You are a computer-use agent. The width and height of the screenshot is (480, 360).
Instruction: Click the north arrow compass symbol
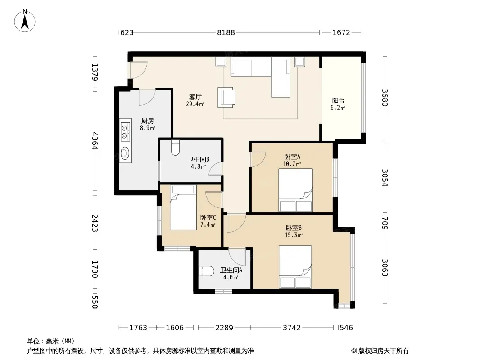[25, 21]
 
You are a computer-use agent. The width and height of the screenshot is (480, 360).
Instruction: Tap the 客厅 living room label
[195, 97]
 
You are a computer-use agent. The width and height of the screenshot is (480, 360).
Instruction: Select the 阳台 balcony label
[338, 101]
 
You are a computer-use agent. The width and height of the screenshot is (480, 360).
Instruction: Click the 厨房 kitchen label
[148, 121]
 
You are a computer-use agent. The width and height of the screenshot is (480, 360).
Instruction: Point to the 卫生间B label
[199, 159]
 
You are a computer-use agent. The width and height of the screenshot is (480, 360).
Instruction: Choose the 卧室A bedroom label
[292, 157]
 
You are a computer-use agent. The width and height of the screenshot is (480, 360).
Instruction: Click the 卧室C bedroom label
[208, 217]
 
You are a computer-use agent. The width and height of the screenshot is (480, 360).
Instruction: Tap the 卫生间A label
[231, 270]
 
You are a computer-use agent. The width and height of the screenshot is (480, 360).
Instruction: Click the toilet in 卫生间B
[176, 148]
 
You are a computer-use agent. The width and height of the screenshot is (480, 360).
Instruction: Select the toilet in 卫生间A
[206, 271]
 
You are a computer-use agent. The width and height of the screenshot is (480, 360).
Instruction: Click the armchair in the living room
[226, 98]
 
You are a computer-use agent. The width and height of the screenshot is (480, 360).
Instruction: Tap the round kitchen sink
[125, 153]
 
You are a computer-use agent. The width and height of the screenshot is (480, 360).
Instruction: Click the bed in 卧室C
[183, 207]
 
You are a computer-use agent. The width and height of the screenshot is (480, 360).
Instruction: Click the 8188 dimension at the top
[226, 32]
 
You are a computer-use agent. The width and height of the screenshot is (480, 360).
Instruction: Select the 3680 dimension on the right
[385, 97]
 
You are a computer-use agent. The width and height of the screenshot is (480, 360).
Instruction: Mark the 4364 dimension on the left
[95, 141]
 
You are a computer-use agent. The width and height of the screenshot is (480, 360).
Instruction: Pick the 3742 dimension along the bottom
[291, 328]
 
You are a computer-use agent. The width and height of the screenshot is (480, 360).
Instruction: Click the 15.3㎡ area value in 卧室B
[293, 235]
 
